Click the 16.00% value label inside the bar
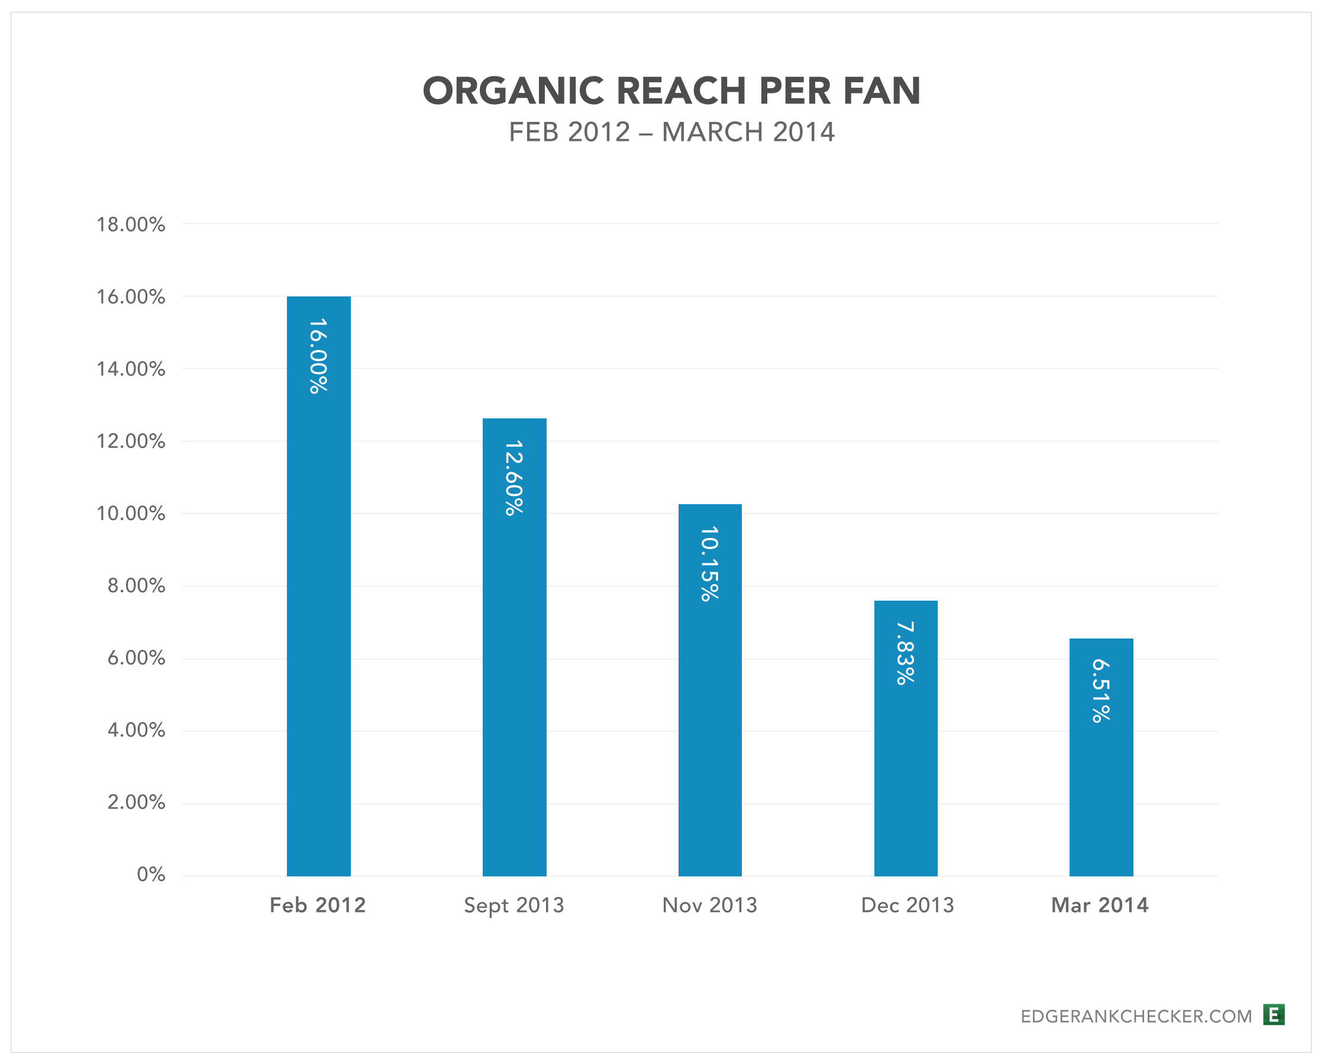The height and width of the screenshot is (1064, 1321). pos(319,356)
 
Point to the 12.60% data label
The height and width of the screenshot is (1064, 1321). pos(514,478)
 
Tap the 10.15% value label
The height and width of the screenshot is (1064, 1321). pos(709,563)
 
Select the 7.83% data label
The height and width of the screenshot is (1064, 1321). pos(906,653)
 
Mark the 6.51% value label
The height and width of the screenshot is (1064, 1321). pos(1101,691)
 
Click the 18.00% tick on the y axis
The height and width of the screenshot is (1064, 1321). pos(131,225)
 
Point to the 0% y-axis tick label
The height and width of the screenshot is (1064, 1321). pos(151,875)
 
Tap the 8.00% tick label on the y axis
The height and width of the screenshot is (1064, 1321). pos(136,586)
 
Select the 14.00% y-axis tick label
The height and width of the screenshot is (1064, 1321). pos(131,369)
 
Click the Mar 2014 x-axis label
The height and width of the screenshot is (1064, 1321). pos(1100,905)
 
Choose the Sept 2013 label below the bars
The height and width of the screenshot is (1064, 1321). pos(514,905)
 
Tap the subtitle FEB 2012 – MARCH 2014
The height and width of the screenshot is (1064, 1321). pos(671,132)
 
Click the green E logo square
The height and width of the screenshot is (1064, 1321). pos(1274,1015)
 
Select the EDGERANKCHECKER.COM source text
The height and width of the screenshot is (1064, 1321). pos(1136,1017)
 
